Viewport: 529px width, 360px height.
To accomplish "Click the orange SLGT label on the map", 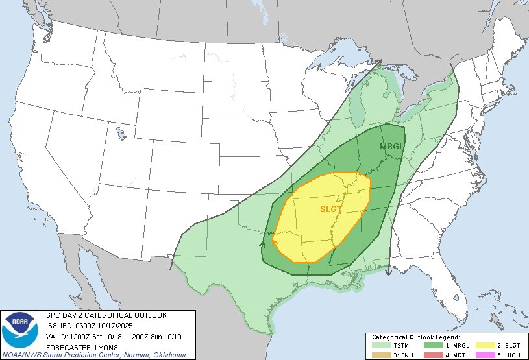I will click(330, 209).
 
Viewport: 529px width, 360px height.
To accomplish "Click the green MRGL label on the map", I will click(391, 146).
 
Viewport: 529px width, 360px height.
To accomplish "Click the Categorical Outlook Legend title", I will click(415, 338).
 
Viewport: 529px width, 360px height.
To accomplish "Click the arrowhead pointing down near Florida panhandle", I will click(388, 273).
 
